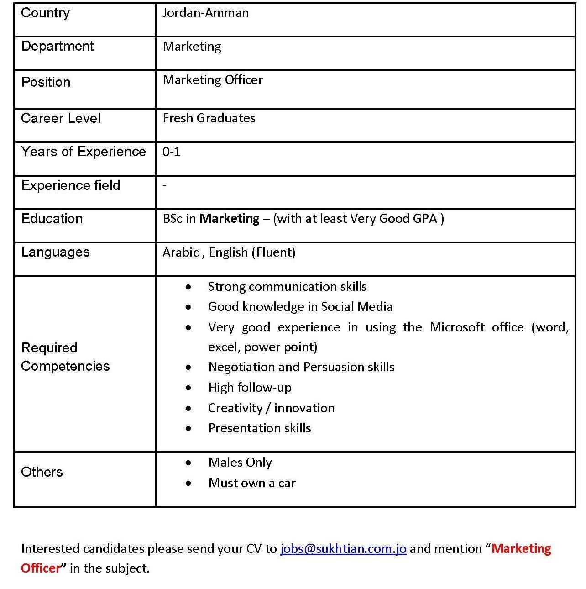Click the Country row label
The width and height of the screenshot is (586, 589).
45,13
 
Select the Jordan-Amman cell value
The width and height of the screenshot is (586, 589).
205,13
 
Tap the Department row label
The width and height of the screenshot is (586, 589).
57,46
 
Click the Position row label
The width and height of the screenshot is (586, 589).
46,82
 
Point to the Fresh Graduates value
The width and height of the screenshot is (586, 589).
209,118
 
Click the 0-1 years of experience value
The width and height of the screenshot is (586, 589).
172,152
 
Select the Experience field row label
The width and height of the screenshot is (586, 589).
71,185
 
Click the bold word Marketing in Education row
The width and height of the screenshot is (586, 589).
230,219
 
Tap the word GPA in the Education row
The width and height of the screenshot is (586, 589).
425,219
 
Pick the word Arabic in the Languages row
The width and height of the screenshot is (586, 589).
181,252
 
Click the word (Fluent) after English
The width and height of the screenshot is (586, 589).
273,252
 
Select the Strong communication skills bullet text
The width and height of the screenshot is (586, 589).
287,287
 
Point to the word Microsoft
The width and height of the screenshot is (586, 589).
457,327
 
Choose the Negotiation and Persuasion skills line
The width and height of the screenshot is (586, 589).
301,367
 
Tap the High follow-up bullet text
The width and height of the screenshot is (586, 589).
250,388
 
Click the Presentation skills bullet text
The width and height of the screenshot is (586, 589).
260,428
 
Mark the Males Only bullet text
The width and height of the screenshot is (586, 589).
240,463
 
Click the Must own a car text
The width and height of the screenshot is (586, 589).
252,483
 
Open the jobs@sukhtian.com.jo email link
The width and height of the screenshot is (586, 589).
343,549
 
